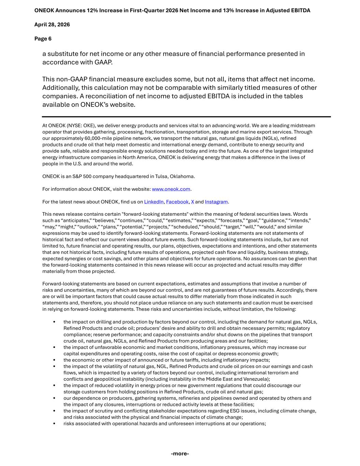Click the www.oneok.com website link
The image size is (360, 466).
[171, 189]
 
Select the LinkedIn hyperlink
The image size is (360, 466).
[154, 202]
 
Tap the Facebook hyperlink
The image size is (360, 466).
[177, 202]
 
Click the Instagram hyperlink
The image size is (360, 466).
[216, 202]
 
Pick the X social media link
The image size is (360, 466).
[192, 202]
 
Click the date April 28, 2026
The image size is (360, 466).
[52, 25]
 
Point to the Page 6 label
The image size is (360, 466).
[43, 39]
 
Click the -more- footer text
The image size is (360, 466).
[180, 454]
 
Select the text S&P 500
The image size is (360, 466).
[82, 176]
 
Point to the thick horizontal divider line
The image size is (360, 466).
[186, 117]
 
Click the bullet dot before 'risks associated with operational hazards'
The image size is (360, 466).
[54, 424]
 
